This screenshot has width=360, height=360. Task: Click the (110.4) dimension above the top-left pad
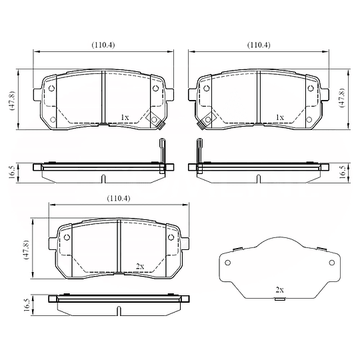[103, 45]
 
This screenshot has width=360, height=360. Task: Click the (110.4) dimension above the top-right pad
[259, 45]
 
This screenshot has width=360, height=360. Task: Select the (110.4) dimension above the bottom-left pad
[119, 198]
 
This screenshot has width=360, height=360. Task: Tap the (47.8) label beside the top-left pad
[12, 101]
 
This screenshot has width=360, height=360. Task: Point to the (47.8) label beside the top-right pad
[342, 97]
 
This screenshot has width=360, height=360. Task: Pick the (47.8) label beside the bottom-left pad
[27, 249]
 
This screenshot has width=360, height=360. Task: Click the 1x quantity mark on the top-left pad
[125, 117]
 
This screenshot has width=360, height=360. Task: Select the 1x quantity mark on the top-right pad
[279, 117]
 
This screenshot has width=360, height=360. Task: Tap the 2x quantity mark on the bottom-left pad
[140, 266]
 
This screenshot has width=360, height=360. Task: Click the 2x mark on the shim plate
[279, 290]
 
